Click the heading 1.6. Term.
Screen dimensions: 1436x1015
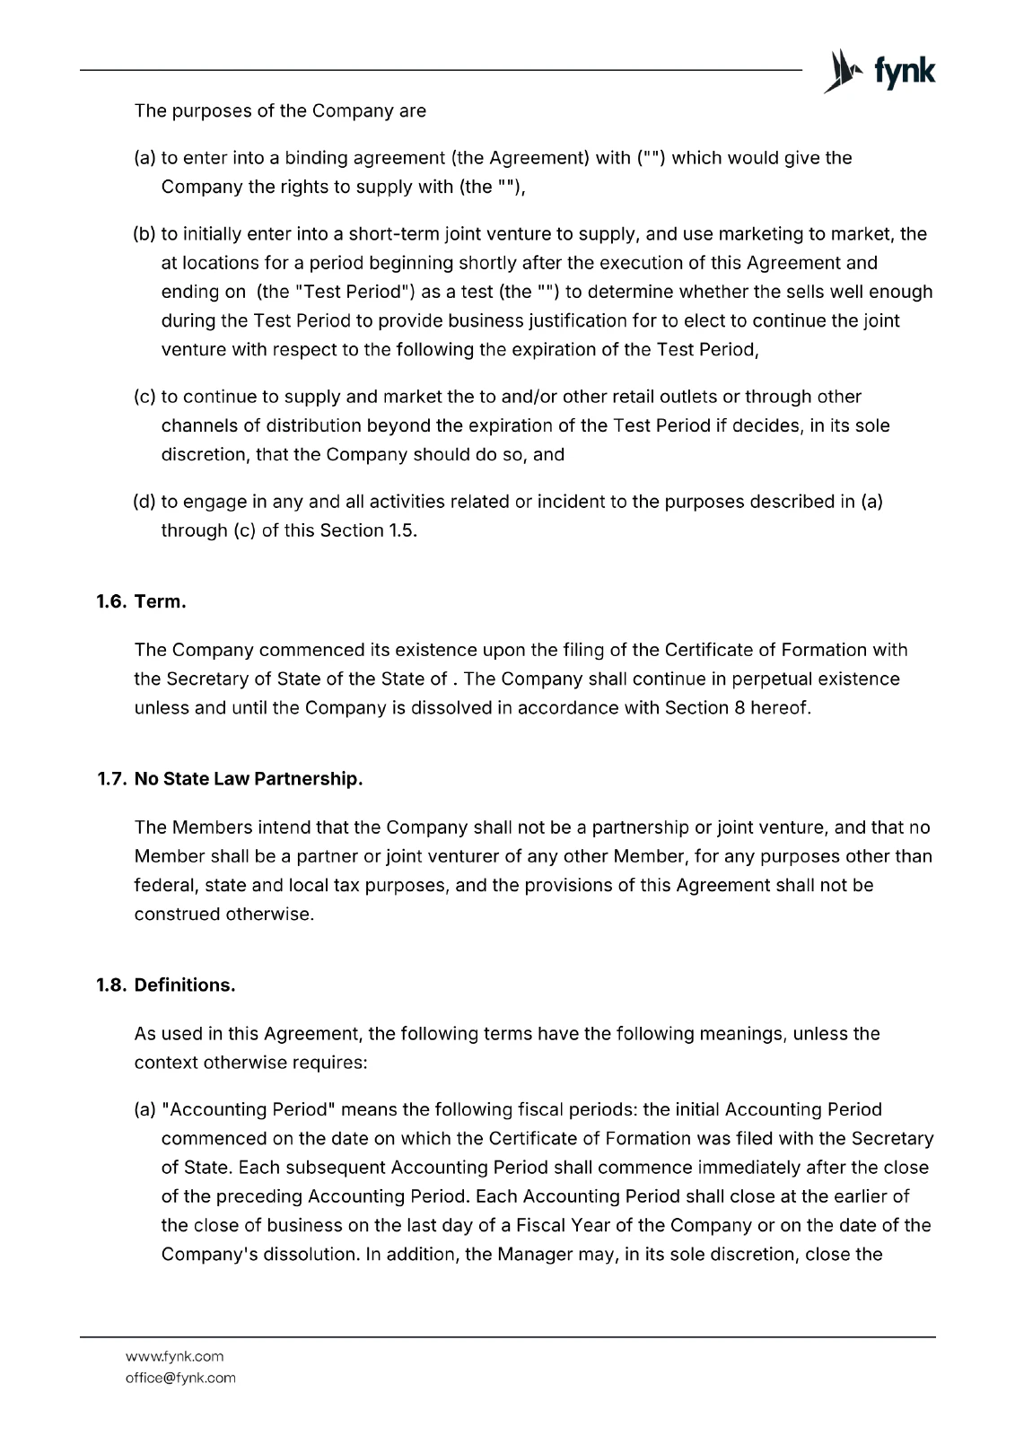coord(141,601)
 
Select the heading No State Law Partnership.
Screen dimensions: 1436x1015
coord(249,779)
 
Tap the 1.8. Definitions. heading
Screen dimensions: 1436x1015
coord(166,985)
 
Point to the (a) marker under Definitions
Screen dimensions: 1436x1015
coord(144,1110)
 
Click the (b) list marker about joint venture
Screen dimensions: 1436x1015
coord(144,234)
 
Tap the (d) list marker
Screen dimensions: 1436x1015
coord(144,502)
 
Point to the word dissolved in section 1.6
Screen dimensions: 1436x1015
coord(451,707)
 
